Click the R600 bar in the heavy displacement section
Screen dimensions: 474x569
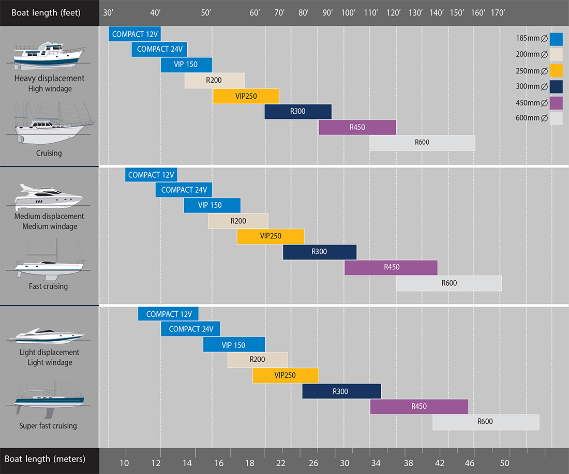[422, 143]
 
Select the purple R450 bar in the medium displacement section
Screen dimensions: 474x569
[391, 267]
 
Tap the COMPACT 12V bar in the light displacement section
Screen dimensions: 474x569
[168, 314]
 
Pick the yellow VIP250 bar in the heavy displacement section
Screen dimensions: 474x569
[246, 96]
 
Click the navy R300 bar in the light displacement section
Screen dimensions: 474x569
[341, 391]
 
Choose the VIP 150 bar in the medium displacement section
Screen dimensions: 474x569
[212, 205]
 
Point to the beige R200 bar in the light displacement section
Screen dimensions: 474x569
[257, 360]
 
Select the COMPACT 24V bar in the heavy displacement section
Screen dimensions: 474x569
[159, 50]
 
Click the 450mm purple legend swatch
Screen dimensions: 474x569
[556, 103]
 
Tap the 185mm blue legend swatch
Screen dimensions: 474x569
[556, 39]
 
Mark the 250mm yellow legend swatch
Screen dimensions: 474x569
[556, 70]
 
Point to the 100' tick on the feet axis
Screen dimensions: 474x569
[349, 12]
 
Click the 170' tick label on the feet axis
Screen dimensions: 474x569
[498, 12]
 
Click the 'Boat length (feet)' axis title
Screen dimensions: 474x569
[46, 12]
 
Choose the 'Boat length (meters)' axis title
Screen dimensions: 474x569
[45, 459]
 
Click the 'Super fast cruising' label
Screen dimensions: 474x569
[48, 426]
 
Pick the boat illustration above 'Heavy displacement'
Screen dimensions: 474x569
[49, 56]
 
